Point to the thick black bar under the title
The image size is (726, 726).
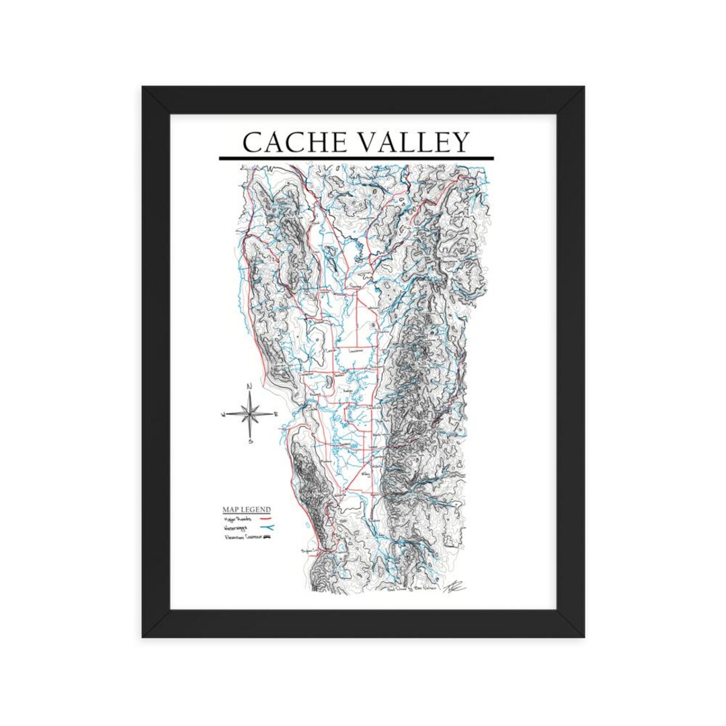356,159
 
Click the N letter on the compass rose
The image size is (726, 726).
249,387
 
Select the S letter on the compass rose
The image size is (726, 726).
249,442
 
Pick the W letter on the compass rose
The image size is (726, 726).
223,415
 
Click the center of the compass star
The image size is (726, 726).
249,414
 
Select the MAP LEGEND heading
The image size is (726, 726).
247,510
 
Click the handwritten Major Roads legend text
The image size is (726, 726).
239,519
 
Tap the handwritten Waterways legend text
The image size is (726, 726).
239,528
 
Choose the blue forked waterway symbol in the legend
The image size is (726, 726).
266,529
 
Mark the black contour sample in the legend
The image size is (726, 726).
268,538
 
